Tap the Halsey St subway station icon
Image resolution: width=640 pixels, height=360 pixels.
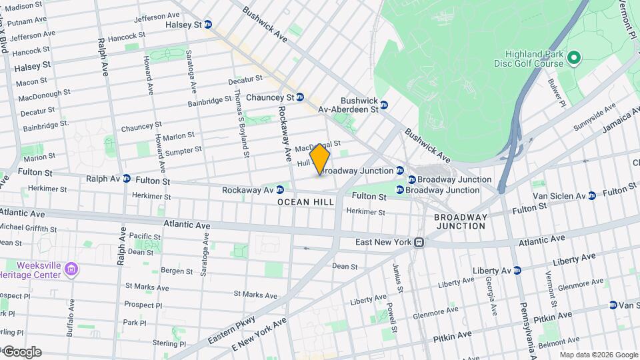[208, 25]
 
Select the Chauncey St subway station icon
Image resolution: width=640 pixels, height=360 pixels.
[300, 97]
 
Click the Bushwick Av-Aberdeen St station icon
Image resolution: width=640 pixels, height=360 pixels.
[384, 105]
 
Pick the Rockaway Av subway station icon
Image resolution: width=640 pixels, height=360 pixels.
[280, 190]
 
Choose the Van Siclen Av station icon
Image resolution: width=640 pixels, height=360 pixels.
[592, 196]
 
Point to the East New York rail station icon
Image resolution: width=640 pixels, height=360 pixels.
[419, 242]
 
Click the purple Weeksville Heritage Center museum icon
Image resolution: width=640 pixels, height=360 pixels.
[71, 270]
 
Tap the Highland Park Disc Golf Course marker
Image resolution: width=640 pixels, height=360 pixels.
[574, 59]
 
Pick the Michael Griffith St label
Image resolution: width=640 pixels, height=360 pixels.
[29, 229]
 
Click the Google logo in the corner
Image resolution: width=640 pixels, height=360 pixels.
[21, 352]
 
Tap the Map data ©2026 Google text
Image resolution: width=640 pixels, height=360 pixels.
[598, 355]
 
